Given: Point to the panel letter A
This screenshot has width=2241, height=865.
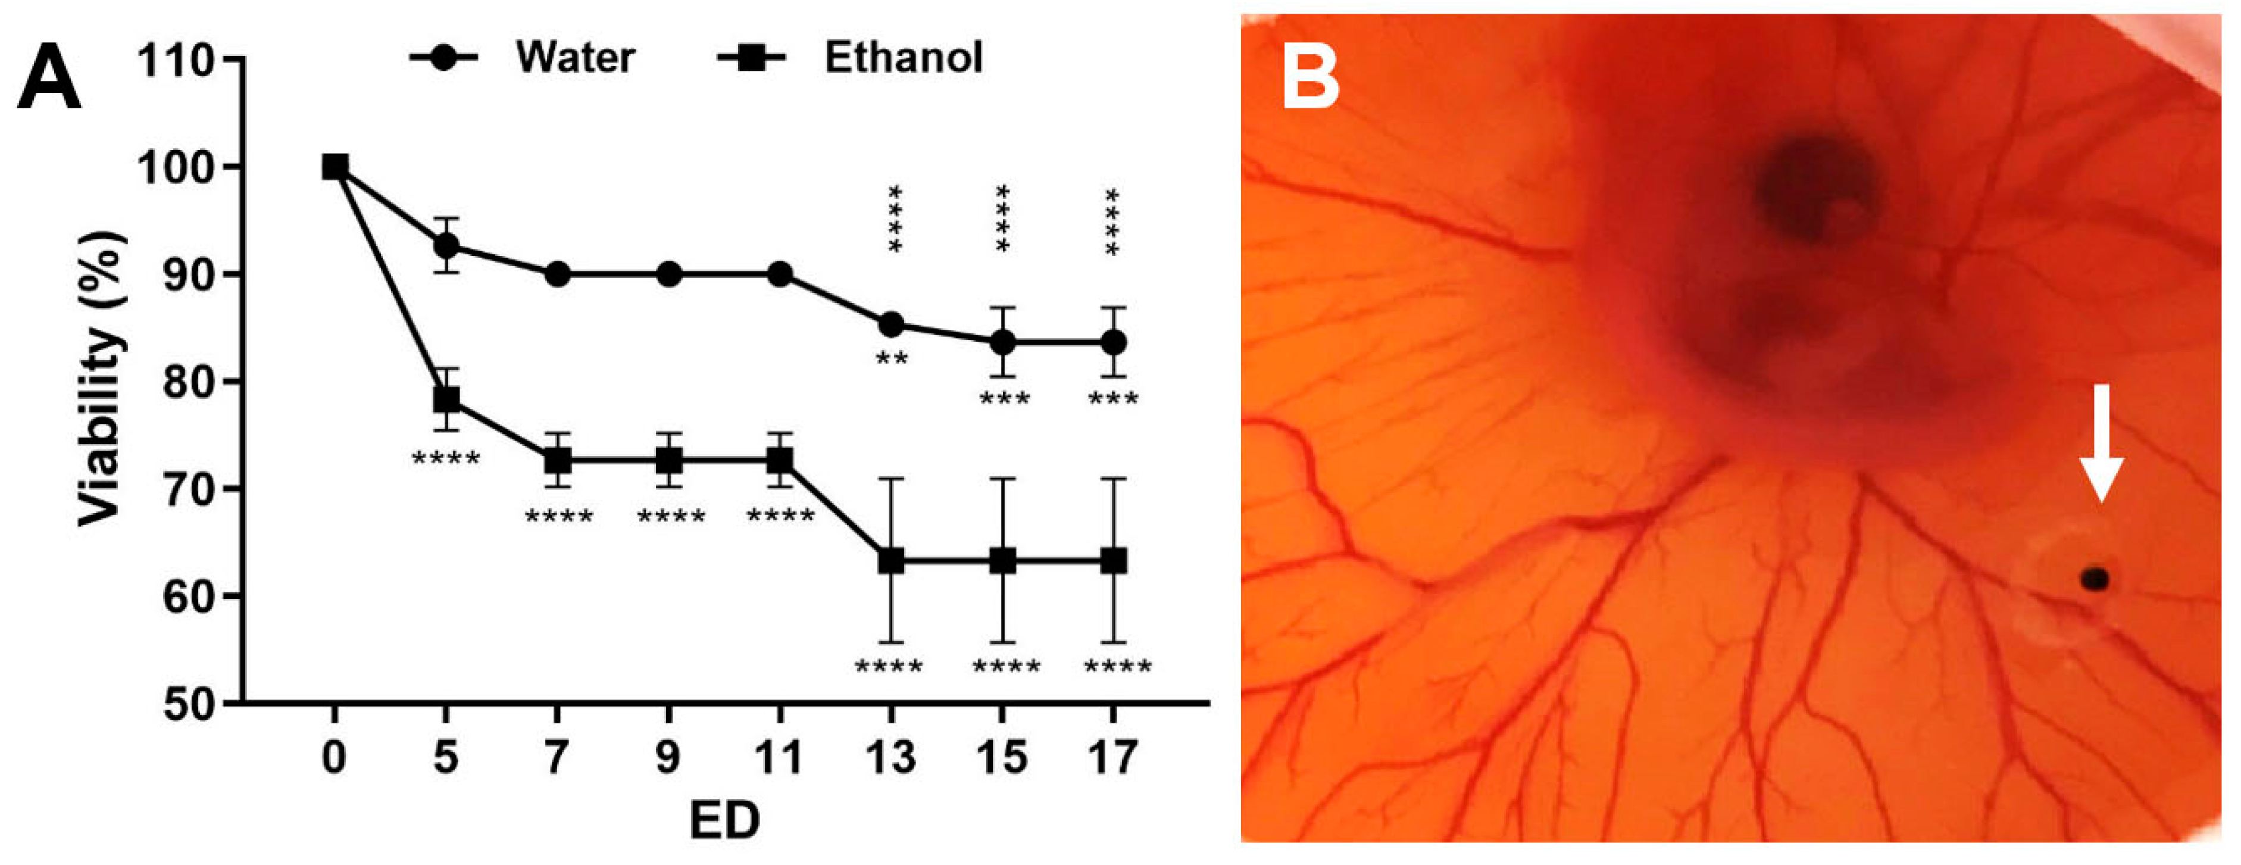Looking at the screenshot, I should coord(49,79).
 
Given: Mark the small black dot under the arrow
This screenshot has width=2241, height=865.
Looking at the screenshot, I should coord(2095,579).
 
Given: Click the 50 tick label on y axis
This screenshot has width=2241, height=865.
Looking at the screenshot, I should coord(188,703).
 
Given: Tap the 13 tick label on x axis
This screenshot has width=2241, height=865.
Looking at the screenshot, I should coord(890,758).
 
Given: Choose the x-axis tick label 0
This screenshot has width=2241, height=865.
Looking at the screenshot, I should coord(334,758).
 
